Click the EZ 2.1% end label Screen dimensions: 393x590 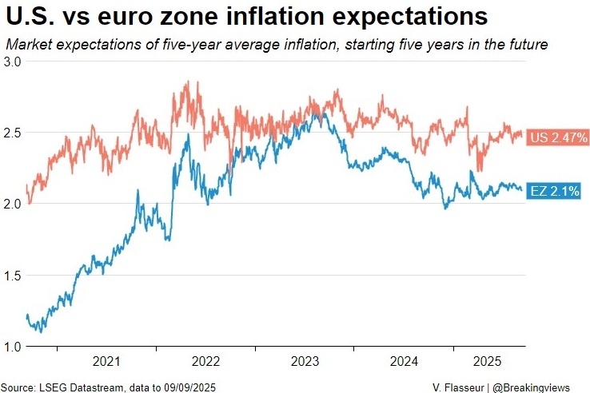click(x=554, y=192)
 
